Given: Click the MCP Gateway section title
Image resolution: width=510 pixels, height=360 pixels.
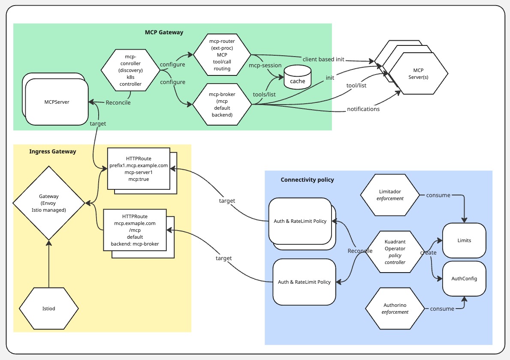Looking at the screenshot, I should (164, 32).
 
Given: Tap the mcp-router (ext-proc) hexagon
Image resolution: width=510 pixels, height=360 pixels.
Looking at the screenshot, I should (222, 54).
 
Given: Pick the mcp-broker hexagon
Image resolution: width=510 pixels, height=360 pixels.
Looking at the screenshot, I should (222, 104).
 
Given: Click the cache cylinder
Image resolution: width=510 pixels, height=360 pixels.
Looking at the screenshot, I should (297, 78).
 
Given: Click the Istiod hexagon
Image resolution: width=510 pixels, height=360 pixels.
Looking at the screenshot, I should (49, 308).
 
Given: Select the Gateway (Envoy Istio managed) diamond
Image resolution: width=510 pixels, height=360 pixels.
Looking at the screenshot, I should (49, 202).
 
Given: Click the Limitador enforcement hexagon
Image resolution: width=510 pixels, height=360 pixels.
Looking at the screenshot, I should (390, 195).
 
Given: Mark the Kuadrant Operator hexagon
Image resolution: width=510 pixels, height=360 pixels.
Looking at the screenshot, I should (395, 252).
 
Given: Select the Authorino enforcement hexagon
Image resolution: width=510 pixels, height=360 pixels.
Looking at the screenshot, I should (395, 309).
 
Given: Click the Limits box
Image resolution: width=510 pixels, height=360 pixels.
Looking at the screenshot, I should (464, 240).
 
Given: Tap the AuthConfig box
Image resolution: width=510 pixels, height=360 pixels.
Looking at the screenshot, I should (464, 279).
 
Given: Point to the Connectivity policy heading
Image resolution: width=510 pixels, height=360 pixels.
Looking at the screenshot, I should (307, 180).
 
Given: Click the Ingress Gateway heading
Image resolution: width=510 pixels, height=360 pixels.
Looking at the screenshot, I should (53, 151).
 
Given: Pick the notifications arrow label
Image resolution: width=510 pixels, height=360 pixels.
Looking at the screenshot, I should (363, 109).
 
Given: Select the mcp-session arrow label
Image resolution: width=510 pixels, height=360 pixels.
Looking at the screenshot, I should (265, 66).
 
